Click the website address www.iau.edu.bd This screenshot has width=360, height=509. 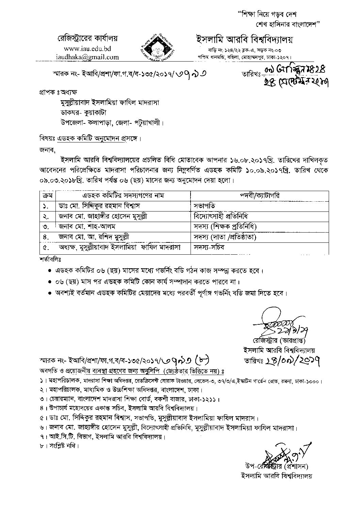tap(87, 49)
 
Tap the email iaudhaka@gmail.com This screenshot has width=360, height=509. tap(87, 57)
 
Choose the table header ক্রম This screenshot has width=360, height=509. tap(45, 196)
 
